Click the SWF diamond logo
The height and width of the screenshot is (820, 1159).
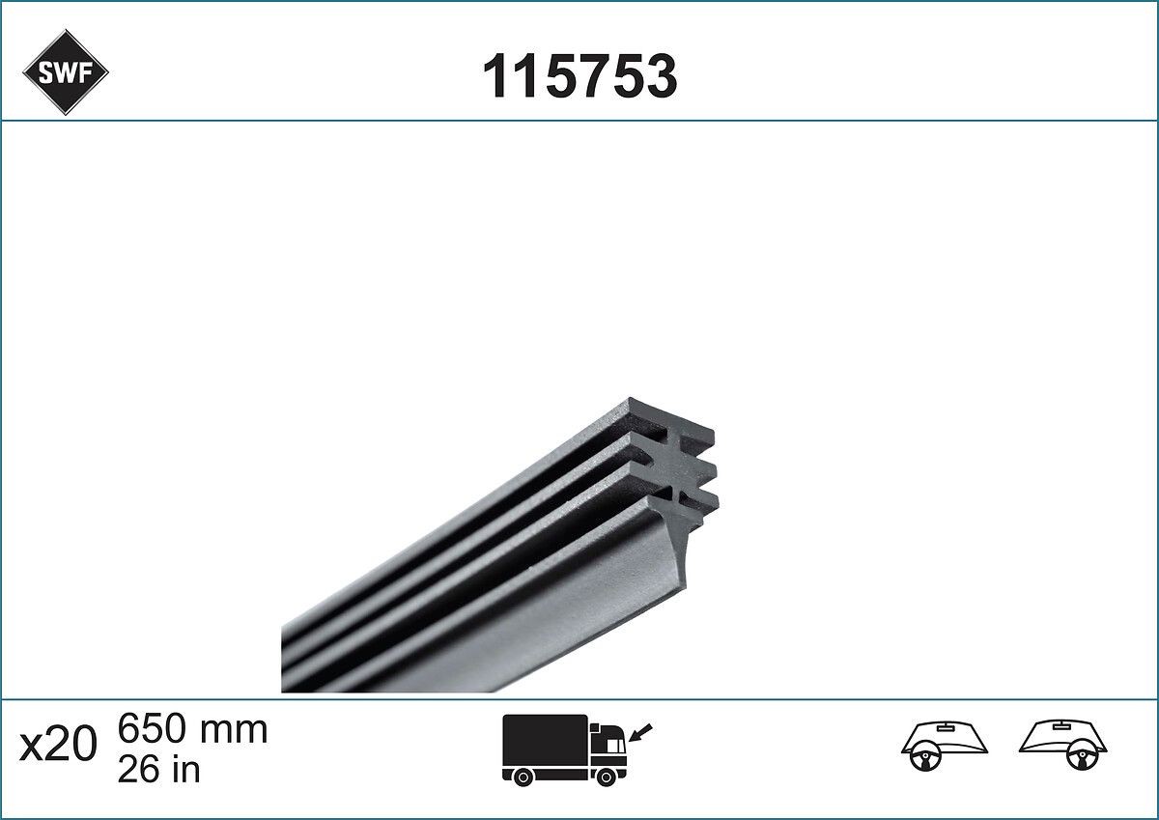point(65,72)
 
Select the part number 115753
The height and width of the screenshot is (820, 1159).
point(579,76)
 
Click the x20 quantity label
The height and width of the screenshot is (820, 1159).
point(58,746)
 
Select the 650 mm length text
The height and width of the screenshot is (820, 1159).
point(191,729)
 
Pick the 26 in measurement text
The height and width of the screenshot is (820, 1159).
point(158,770)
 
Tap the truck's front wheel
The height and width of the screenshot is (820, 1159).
point(607,776)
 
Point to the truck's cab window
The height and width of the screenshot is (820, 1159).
point(611,743)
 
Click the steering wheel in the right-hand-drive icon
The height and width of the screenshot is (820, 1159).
point(1080,759)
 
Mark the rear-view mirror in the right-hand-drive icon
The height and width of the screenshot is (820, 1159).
point(1063,725)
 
